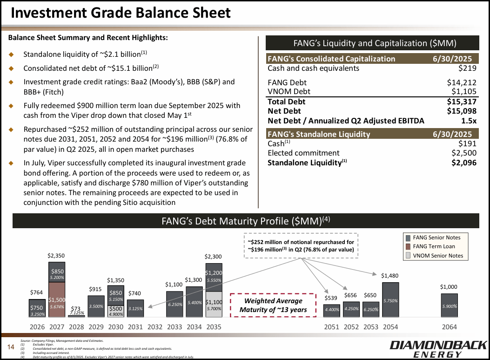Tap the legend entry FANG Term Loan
(x=433, y=246)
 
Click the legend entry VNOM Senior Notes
(x=437, y=255)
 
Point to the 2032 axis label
(x=154, y=327)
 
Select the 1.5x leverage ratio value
(x=468, y=121)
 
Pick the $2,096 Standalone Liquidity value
(x=464, y=163)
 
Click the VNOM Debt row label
(x=289, y=92)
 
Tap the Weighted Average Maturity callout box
(x=270, y=305)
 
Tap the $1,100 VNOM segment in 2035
(x=214, y=304)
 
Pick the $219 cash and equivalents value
(x=467, y=68)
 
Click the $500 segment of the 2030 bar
(x=115, y=311)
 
